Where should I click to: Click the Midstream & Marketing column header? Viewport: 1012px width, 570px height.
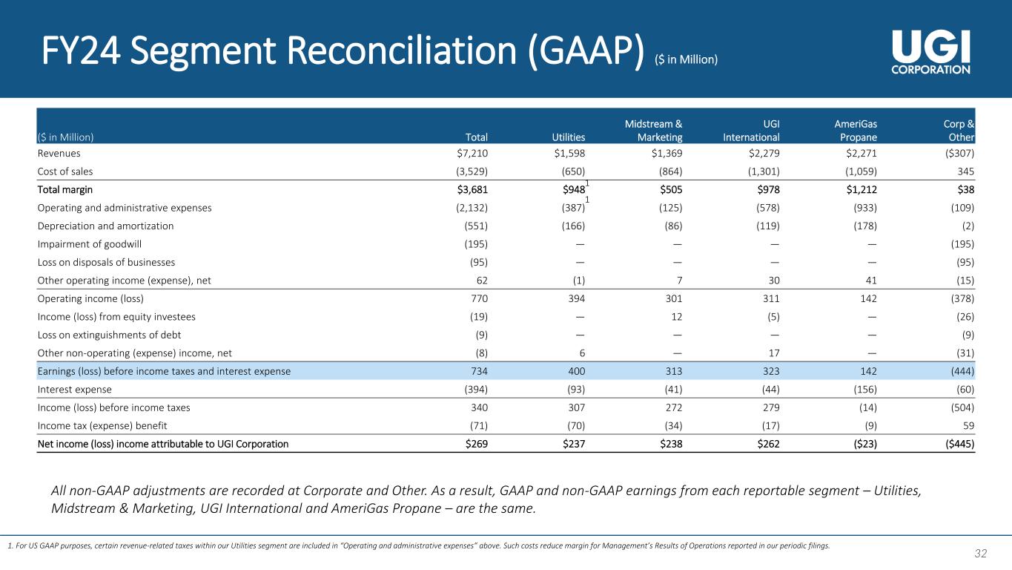click(652, 131)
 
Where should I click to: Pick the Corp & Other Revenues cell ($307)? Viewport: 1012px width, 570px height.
click(957, 154)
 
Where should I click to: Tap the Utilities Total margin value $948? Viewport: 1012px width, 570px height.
click(570, 190)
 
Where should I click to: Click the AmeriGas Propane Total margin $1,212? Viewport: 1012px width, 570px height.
click(859, 190)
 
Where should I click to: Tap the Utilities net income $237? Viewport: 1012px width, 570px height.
click(572, 445)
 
